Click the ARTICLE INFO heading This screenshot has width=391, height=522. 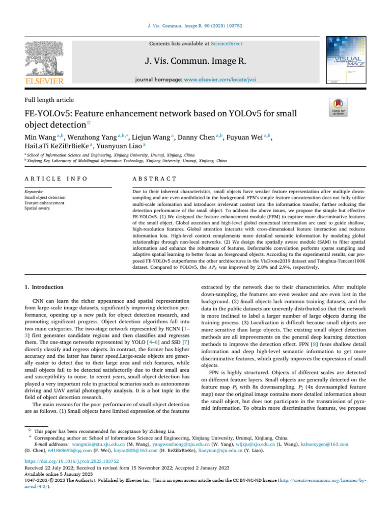pyautogui.click(x=56, y=178)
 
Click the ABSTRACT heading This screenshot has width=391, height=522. pyautogui.click(x=154, y=178)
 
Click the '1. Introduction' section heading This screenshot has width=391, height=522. pyautogui.click(x=45, y=287)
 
